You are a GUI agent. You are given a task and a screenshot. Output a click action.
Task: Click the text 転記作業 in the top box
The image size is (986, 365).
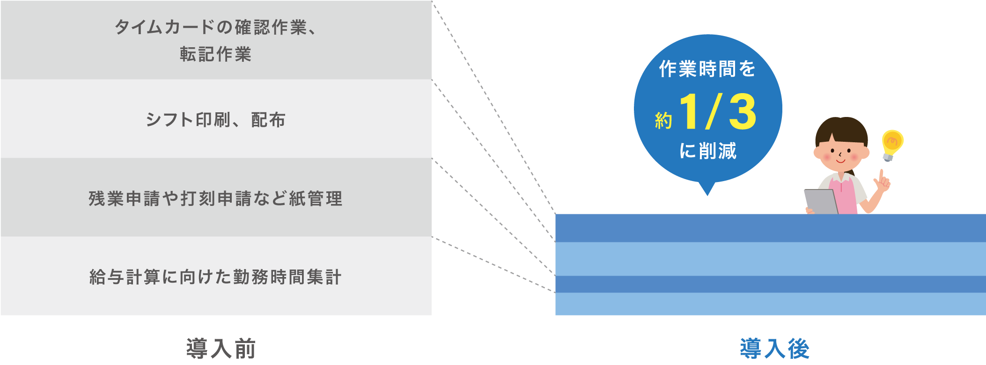pos(215,54)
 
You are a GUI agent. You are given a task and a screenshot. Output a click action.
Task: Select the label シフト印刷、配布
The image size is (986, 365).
pos(215,120)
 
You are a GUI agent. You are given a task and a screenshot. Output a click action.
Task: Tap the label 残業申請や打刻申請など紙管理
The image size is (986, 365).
pos(215,199)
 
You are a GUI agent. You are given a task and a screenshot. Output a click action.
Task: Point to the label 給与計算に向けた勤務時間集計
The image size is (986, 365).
pos(215,277)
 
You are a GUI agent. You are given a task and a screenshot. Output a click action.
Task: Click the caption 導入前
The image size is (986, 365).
pos(221,349)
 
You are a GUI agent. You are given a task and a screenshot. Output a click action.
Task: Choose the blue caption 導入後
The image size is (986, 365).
pos(774,349)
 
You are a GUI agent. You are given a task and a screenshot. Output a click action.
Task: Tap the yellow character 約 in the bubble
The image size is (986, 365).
pos(663,121)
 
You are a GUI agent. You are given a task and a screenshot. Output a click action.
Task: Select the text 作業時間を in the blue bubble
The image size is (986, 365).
pos(707,69)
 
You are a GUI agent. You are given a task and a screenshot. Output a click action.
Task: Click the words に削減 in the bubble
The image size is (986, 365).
pos(707,151)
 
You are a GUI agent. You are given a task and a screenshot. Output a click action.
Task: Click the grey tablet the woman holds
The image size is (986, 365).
pos(821,202)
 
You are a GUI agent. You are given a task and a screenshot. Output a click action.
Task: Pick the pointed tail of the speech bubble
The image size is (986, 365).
pos(707,189)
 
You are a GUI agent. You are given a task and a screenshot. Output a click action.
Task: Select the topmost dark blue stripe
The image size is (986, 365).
pos(770,228)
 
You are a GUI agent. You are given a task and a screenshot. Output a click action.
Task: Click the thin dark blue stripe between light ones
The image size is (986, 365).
pos(770,284)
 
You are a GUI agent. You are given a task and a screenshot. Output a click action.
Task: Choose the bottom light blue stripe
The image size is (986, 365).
pos(770,304)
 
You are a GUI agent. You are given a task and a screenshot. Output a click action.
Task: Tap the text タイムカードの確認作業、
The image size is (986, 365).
pos(215,27)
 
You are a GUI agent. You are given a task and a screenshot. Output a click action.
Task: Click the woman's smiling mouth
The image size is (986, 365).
pos(841,161)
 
